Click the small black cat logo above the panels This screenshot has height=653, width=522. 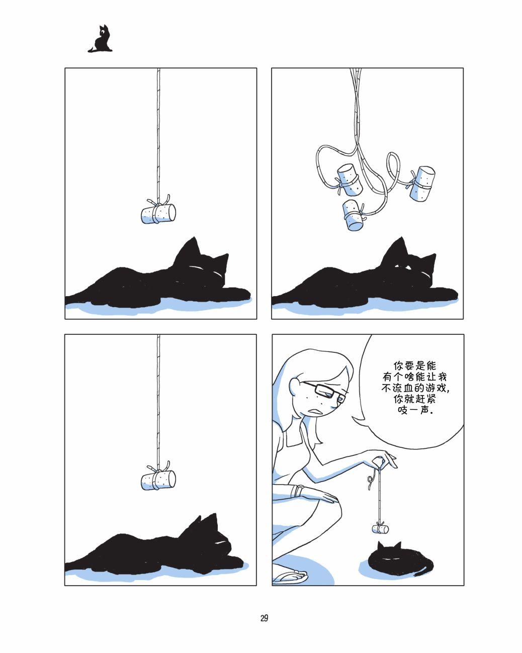click(101, 39)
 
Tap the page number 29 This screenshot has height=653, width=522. click(264, 618)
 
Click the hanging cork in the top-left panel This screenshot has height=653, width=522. click(158, 214)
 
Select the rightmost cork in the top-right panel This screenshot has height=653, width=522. click(422, 183)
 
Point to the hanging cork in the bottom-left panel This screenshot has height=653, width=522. click(158, 480)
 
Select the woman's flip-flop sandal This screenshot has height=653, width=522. click(290, 577)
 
